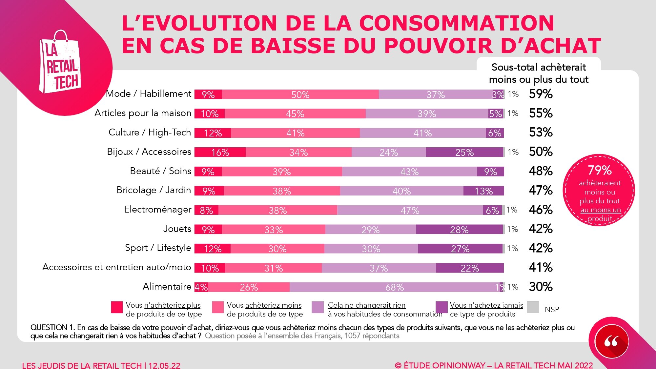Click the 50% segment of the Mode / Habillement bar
[300, 94]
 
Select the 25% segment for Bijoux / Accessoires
[464, 152]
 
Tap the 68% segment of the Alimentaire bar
[395, 287]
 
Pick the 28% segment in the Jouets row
[459, 230]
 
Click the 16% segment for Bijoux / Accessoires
[220, 152]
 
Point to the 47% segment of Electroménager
[410, 210]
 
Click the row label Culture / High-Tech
[150, 132]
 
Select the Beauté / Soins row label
[160, 171]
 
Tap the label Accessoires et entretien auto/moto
[116, 267]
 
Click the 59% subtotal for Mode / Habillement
[541, 94]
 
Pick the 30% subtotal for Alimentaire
[541, 287]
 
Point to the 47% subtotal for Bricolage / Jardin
[541, 190]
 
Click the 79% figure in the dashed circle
[599, 170]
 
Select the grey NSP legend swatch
[533, 307]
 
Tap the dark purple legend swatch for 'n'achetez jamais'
[441, 307]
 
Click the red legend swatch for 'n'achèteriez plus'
[117, 307]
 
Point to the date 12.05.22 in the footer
[164, 365]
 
